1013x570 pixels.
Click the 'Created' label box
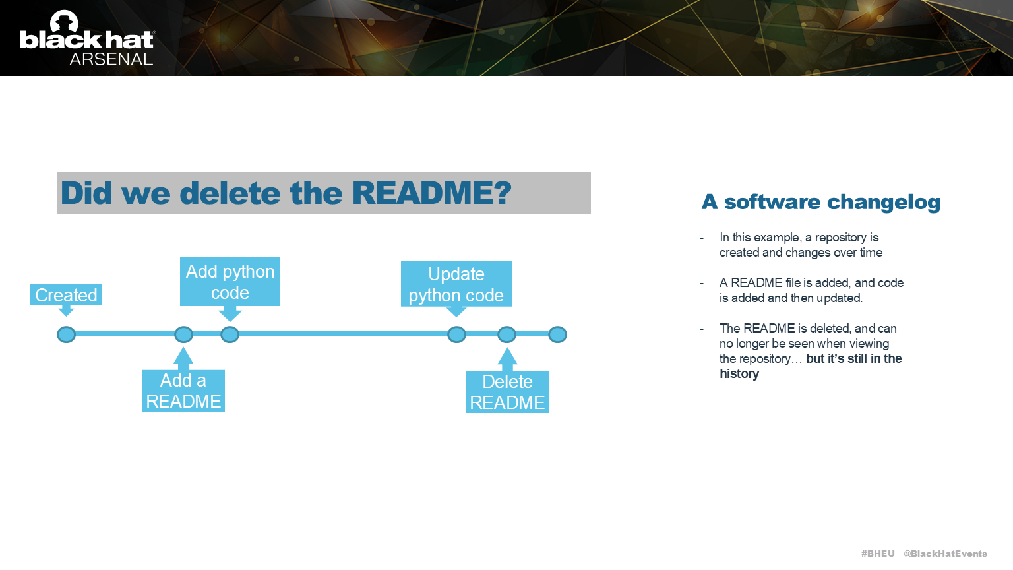[66, 295]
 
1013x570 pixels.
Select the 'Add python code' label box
[230, 282]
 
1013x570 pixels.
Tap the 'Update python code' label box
[456, 284]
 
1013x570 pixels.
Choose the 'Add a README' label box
[183, 391]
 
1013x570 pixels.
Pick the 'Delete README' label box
[507, 392]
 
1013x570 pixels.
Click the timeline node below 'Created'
[66, 334]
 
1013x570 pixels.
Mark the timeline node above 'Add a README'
[183, 334]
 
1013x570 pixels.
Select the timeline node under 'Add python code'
[230, 334]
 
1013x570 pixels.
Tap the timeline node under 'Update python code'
[456, 334]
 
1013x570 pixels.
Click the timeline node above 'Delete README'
[506, 334]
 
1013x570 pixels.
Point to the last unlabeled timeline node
[557, 334]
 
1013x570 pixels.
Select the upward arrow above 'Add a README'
[183, 358]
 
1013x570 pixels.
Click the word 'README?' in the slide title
[432, 193]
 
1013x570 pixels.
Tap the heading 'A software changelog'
[820, 202]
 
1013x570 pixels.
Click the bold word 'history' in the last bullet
[739, 374]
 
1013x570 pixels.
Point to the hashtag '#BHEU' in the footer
[878, 554]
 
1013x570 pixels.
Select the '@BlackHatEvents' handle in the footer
[945, 554]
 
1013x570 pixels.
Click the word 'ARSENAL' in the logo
[111, 59]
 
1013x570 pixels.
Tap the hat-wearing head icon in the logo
[64, 22]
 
